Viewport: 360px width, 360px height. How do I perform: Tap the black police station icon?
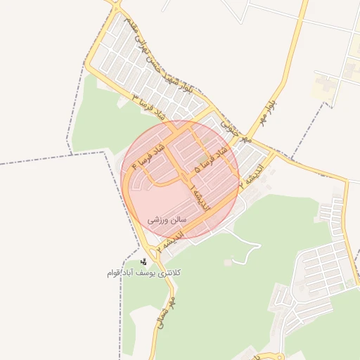(143, 262)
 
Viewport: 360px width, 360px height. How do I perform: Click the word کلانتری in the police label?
(194, 271)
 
